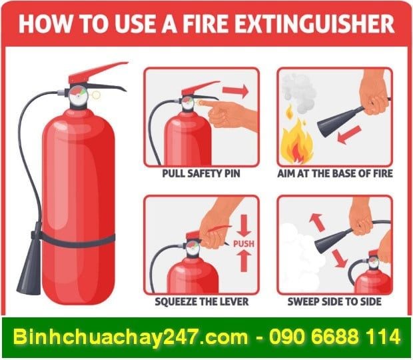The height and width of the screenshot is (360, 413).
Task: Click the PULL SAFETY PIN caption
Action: pyautogui.click(x=201, y=173)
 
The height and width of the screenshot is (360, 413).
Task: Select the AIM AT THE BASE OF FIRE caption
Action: pyautogui.click(x=335, y=173)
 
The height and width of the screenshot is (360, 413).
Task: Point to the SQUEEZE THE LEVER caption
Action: pyautogui.click(x=201, y=301)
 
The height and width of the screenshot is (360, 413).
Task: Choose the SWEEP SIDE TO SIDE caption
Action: pyautogui.click(x=335, y=301)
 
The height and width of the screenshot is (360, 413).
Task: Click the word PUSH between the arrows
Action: pyautogui.click(x=243, y=244)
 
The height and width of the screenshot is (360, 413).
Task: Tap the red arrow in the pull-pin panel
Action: pyautogui.click(x=234, y=89)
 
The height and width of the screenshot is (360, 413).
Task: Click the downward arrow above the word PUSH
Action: pyautogui.click(x=243, y=225)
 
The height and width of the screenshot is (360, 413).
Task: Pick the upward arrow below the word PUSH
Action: pyautogui.click(x=243, y=262)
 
